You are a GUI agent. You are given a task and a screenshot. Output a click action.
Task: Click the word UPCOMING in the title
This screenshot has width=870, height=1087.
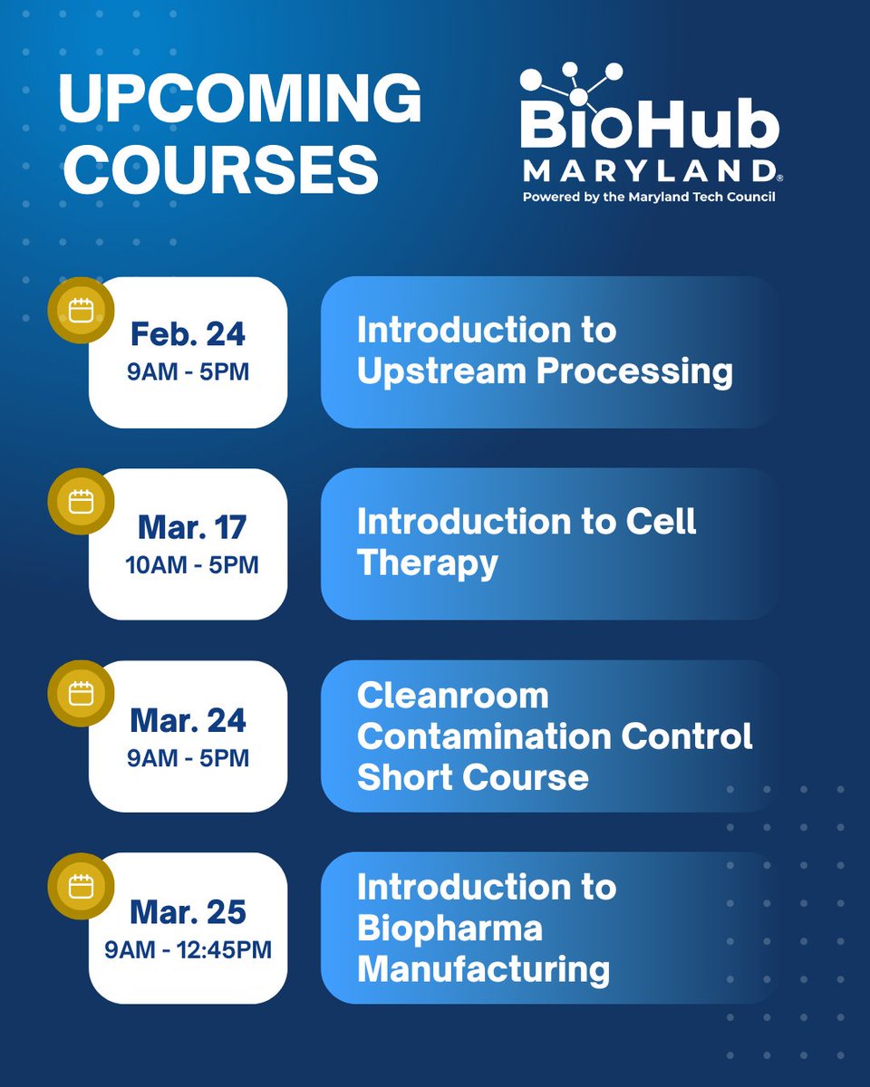(240, 100)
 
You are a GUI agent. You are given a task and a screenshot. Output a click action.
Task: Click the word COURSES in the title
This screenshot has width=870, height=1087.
(218, 170)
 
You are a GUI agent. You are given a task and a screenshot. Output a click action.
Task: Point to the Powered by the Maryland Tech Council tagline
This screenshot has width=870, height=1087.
(648, 197)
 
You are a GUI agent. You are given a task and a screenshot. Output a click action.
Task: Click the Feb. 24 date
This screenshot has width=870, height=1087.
(188, 334)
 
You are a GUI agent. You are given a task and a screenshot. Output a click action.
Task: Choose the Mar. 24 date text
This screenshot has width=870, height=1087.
(188, 720)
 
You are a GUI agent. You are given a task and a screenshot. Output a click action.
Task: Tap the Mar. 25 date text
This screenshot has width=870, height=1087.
(188, 912)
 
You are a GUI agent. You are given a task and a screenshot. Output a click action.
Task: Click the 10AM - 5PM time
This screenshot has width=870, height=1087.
(191, 565)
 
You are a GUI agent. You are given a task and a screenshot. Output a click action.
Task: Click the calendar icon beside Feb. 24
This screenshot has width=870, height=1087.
(82, 311)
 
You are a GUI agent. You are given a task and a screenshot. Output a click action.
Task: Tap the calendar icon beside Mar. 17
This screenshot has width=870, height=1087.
(82, 502)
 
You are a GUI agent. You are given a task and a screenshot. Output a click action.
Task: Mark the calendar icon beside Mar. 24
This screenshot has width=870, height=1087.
(82, 694)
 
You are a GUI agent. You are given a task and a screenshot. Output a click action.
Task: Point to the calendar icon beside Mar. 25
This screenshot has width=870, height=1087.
(82, 885)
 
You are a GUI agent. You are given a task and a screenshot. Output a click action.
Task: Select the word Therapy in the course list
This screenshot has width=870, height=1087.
(428, 563)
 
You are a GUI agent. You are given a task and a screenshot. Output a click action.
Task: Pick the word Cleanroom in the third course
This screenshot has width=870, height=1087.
(453, 696)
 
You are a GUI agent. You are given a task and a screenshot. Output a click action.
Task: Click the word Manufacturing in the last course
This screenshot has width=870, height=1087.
(483, 970)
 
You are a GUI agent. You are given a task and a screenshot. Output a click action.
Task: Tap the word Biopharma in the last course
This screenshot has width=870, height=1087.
(449, 928)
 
